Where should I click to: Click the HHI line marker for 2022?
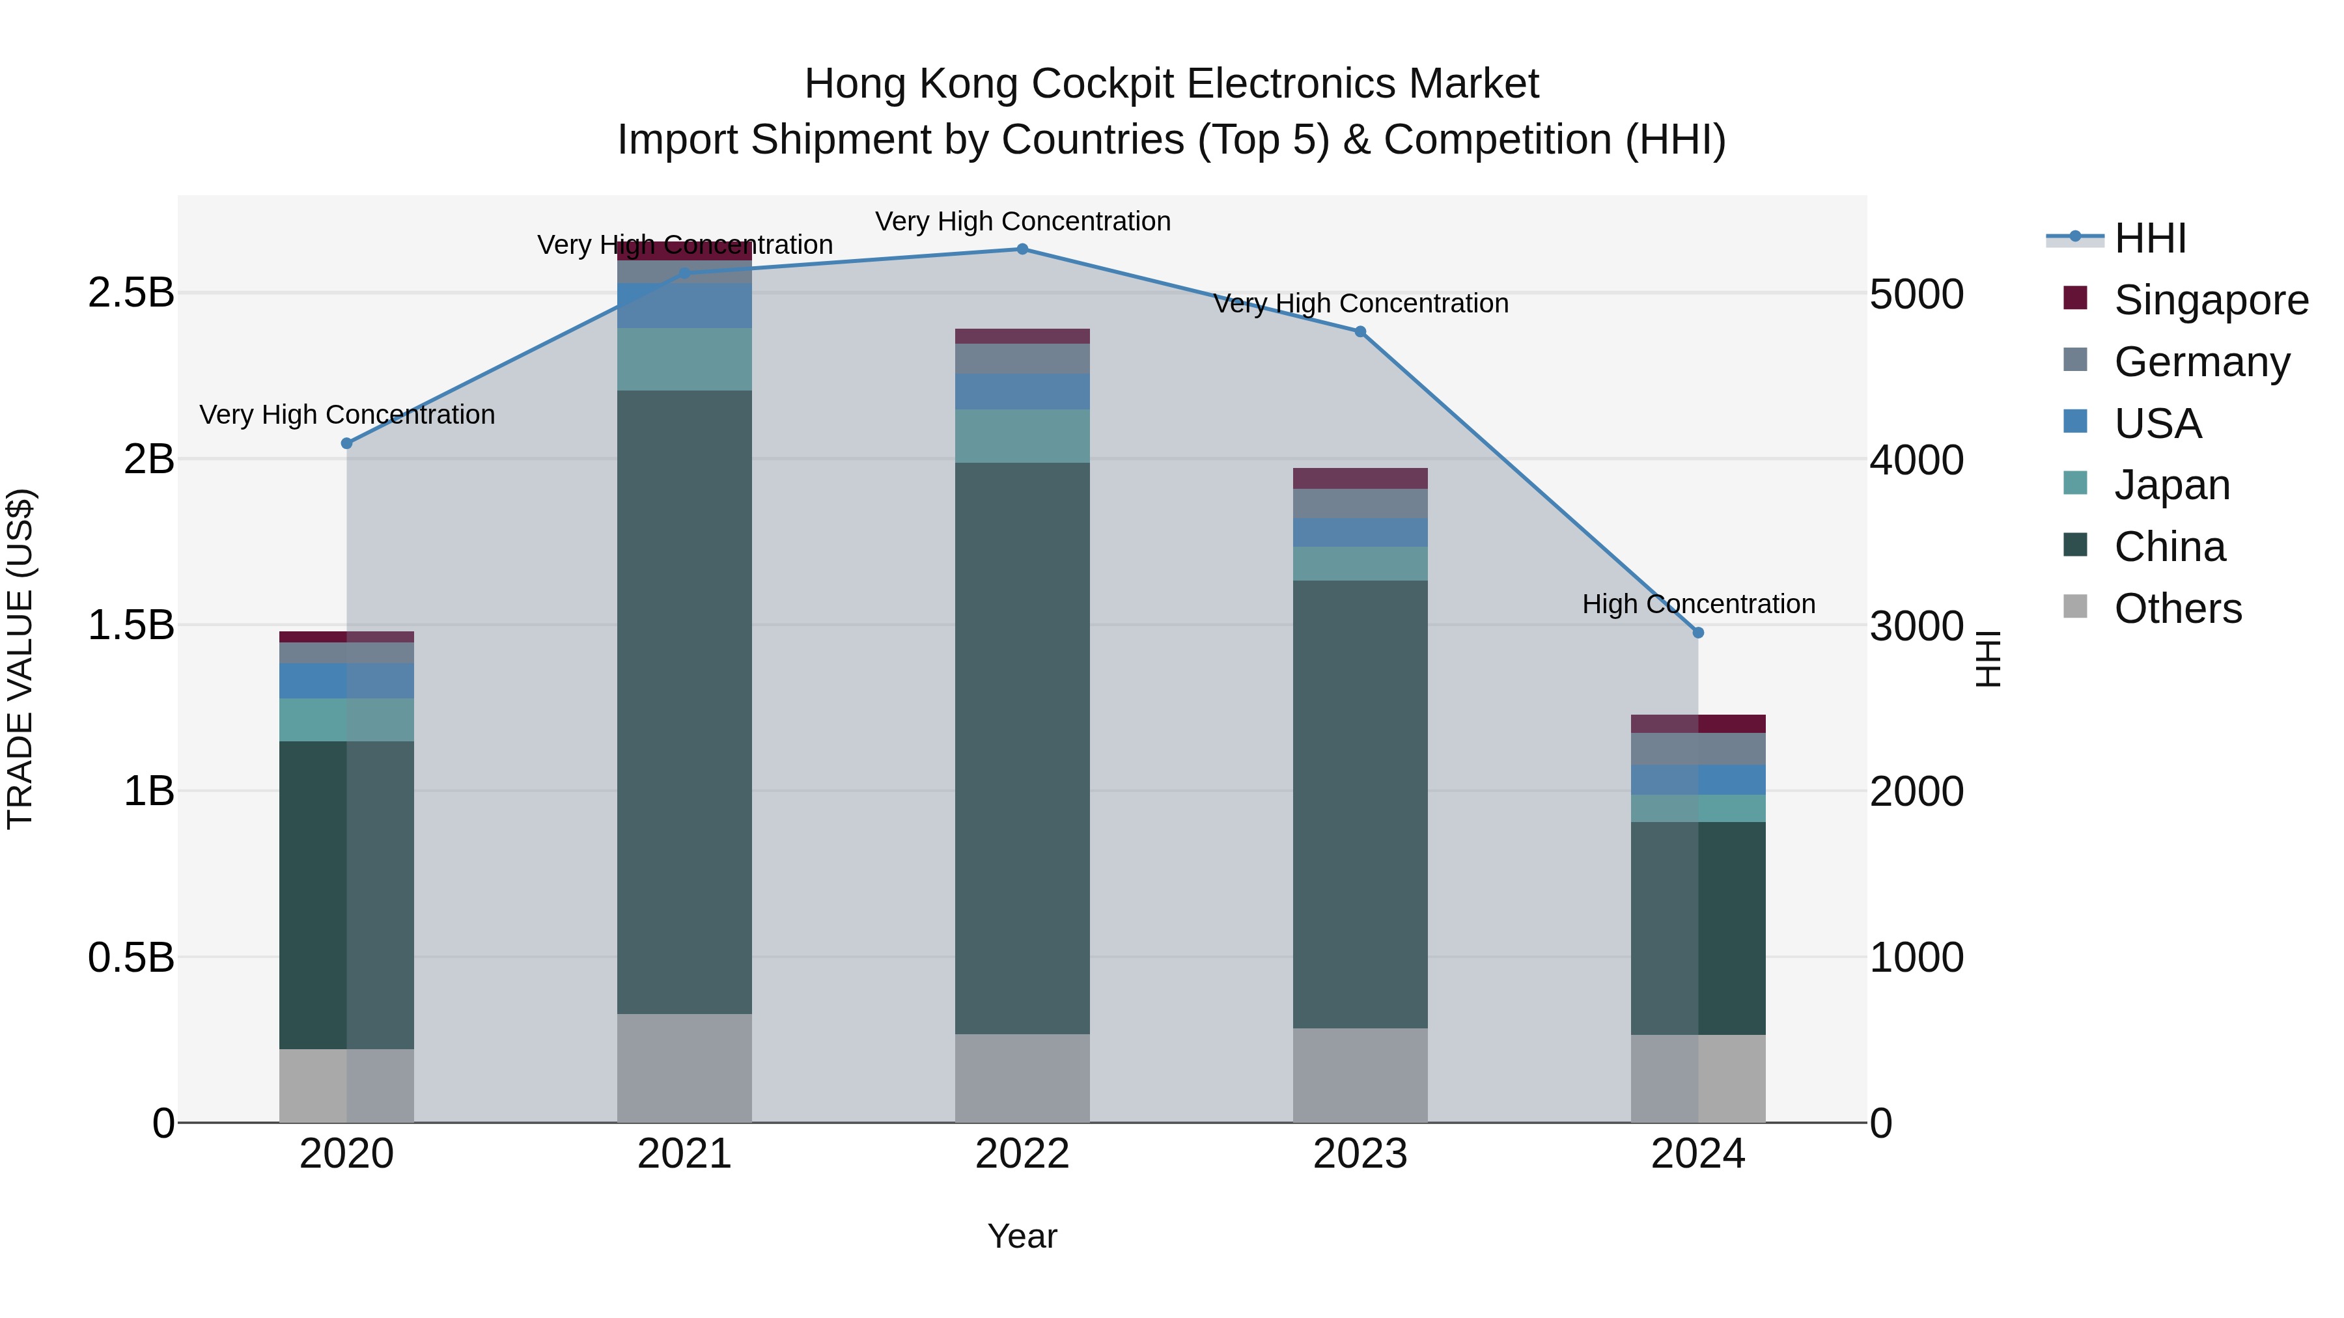pos(1022,249)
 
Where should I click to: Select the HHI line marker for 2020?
pos(346,444)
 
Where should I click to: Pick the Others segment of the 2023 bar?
pos(1360,1075)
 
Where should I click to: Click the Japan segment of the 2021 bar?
pos(684,359)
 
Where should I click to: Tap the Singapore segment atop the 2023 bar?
pos(1360,478)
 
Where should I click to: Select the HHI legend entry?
pos(2149,238)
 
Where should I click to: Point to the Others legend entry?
pos(2177,609)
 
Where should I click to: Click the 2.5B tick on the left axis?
pos(130,293)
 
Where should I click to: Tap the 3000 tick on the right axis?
pos(1916,625)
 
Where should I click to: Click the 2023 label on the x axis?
pos(1360,1154)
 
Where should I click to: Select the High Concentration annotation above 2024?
pos(1698,604)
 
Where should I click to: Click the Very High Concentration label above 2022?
pos(1022,222)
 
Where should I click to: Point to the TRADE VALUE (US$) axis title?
pos(20,659)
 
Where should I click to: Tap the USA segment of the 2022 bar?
pos(1022,391)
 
